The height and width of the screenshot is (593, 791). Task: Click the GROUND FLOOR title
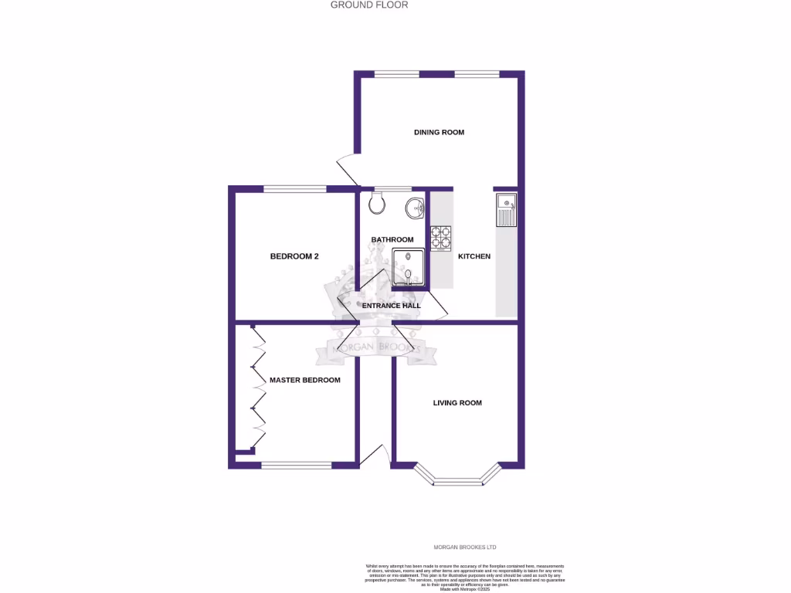369,5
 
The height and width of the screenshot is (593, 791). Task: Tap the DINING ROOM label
439,132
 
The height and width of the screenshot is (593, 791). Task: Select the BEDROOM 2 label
294,256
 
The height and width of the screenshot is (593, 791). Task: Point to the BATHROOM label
392,239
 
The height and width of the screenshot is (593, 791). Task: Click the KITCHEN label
474,256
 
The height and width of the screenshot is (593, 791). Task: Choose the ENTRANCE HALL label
392,306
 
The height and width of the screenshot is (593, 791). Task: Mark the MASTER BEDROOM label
304,380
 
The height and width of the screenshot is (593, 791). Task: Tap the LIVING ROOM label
457,402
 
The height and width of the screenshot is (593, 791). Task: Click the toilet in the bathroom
377,203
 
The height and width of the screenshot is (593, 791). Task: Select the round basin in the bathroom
416,207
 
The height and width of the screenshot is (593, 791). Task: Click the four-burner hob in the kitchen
441,239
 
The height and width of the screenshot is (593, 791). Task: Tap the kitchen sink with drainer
506,210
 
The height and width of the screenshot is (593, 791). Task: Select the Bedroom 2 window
295,188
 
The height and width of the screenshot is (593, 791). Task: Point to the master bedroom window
297,466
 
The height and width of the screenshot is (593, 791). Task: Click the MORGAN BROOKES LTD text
463,547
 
